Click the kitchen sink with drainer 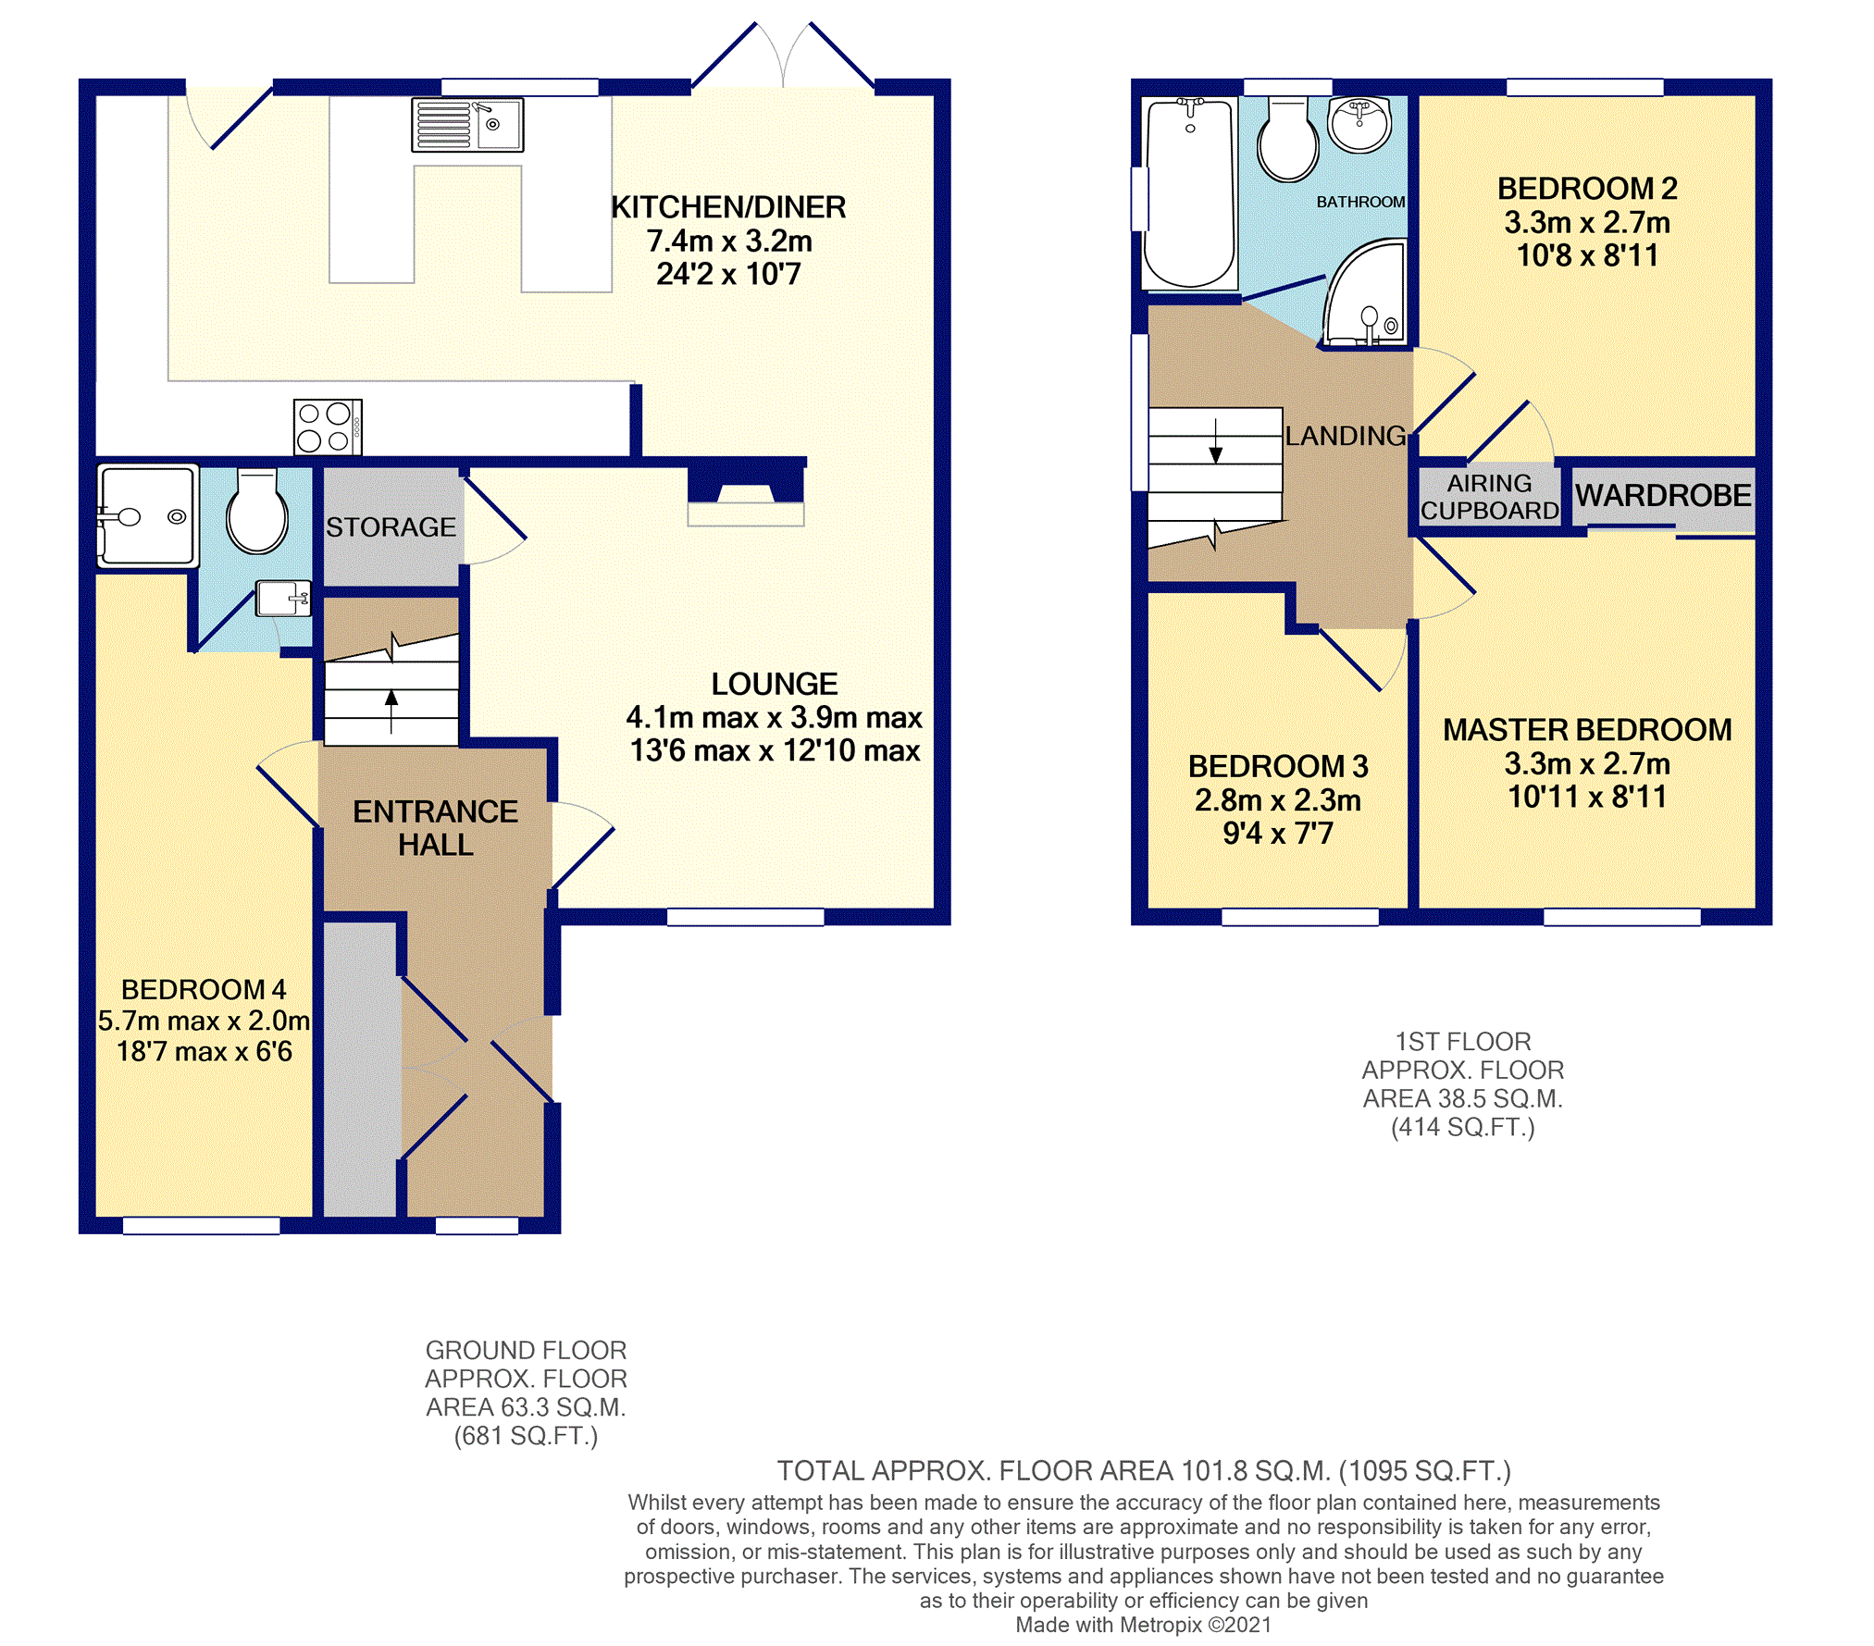pos(467,125)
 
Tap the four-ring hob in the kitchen pos(328,427)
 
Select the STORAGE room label pos(391,526)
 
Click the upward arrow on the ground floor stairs pos(391,711)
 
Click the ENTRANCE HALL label pos(436,828)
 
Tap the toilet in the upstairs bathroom pos(1287,139)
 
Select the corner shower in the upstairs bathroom pos(1364,292)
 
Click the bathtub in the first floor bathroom pos(1190,192)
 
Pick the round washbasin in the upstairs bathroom pos(1359,123)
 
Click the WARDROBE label pos(1663,496)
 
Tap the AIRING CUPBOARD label pos(1489,497)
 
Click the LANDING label pos(1345,436)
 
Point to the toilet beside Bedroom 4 pos(257,511)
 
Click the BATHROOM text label pos(1360,202)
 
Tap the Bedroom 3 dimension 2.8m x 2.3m pos(1277,800)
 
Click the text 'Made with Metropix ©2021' pos(1143,1625)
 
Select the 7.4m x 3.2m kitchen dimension pos(729,241)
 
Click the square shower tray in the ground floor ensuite pos(148,515)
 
